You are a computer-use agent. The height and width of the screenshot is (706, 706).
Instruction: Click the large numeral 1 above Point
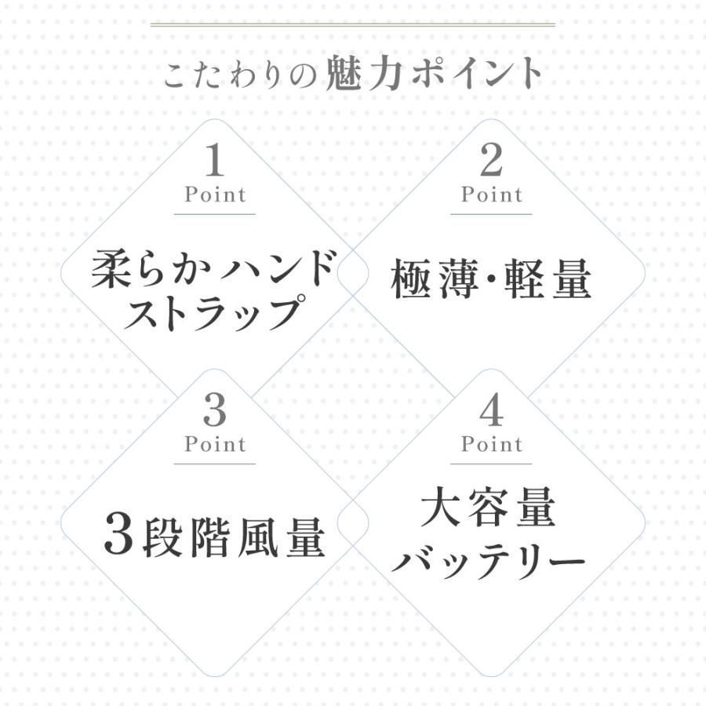point(215,160)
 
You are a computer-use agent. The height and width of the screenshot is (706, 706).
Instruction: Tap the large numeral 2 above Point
point(491,160)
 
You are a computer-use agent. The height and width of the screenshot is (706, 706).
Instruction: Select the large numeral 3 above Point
point(215,409)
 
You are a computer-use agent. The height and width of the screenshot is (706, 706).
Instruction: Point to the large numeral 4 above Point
point(491,409)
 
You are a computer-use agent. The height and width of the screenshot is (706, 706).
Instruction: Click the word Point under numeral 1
point(215,195)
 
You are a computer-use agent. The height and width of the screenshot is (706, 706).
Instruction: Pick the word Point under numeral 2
point(492,195)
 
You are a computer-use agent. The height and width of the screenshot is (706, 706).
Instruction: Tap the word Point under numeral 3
point(215,445)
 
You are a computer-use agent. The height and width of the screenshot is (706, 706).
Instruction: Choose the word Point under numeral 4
point(492,445)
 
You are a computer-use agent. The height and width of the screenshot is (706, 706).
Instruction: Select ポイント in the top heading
point(476,73)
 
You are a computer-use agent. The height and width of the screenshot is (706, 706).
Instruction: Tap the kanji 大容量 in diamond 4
point(488,507)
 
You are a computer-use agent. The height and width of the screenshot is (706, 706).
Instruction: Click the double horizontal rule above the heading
point(353,24)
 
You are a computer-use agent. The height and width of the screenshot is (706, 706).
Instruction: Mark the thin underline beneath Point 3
point(215,464)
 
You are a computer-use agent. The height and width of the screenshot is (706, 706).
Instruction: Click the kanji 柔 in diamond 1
point(111,269)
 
